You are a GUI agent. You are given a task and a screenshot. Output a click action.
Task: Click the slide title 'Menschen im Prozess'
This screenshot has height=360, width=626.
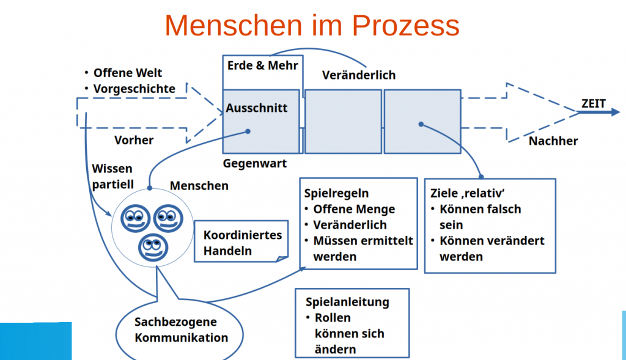click(x=312, y=26)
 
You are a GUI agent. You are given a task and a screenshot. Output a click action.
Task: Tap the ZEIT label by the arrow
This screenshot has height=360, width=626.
click(x=593, y=103)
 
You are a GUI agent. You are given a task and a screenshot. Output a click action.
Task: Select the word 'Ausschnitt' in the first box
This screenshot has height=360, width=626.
click(x=256, y=108)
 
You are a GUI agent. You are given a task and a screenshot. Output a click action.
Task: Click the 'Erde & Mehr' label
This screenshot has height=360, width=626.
click(x=262, y=65)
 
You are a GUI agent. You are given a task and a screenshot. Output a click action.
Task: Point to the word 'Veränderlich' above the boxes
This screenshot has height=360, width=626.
click(x=358, y=75)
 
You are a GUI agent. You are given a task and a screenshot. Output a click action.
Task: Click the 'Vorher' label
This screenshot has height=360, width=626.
click(x=134, y=140)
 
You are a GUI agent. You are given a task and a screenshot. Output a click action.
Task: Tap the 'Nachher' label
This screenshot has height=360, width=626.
click(x=553, y=141)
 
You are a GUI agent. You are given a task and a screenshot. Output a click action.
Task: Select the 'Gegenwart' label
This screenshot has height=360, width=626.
click(x=254, y=164)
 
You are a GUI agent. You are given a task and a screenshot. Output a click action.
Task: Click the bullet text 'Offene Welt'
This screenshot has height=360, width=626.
click(x=128, y=73)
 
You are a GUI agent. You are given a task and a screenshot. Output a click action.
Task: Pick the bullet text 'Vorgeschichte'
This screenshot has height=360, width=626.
click(x=134, y=89)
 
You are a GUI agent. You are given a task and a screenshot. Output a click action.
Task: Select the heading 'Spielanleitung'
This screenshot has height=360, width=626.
click(x=347, y=302)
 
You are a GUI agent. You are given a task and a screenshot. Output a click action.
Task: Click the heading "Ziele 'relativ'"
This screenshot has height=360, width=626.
click(x=471, y=193)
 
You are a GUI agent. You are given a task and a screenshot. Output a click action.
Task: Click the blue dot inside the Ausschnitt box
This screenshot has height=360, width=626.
click(x=248, y=131)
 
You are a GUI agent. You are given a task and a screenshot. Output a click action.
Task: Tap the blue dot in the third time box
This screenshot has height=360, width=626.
click(x=421, y=125)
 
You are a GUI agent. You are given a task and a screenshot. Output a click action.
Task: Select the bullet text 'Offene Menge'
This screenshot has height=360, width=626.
click(x=354, y=209)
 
